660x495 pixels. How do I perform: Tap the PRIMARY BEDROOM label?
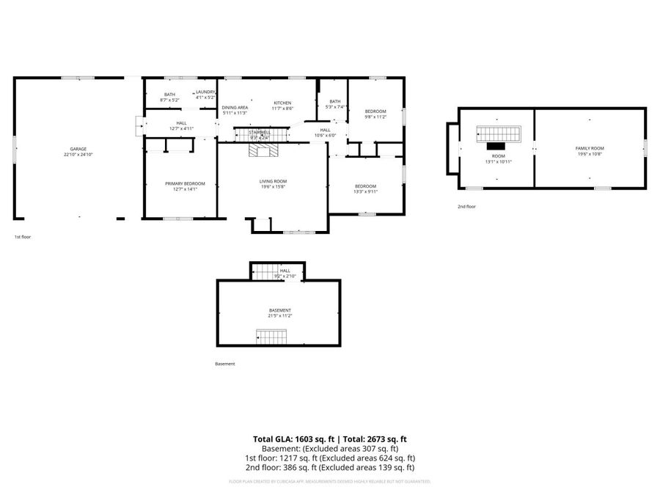180,183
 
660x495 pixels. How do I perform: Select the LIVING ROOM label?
273,181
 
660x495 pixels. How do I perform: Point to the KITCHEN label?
283,103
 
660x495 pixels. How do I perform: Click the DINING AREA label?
235,108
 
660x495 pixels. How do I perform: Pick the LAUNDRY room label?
205,92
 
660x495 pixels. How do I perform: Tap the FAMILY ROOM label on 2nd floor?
590,148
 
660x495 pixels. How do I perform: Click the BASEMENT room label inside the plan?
279,310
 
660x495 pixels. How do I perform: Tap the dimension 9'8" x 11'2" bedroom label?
375,117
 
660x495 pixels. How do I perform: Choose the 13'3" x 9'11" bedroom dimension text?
365,192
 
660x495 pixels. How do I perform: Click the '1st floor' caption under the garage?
23,237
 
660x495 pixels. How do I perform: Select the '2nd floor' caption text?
466,207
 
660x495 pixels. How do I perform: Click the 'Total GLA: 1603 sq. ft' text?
291,439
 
